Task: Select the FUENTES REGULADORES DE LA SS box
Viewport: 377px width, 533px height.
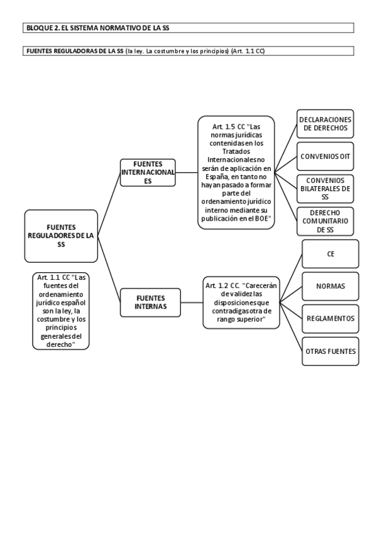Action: (x=61, y=236)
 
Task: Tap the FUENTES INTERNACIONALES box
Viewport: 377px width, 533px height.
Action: (x=148, y=172)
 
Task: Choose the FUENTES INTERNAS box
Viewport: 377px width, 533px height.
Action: (x=150, y=302)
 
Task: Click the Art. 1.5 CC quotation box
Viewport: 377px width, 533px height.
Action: (x=236, y=172)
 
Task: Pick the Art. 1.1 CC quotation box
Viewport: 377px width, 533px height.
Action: (x=60, y=310)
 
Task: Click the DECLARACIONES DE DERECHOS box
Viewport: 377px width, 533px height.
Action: (x=325, y=124)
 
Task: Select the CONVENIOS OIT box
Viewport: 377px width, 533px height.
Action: (x=325, y=156)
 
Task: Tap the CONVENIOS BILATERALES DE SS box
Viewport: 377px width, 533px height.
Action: (x=325, y=188)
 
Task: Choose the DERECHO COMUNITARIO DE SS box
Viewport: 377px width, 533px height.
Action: (x=325, y=221)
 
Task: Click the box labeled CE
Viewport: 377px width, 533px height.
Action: (x=331, y=254)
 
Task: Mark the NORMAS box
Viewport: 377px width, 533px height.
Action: (x=331, y=286)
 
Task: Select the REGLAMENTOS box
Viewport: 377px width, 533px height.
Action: (x=331, y=319)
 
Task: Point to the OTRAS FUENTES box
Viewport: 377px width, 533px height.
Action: (x=331, y=351)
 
